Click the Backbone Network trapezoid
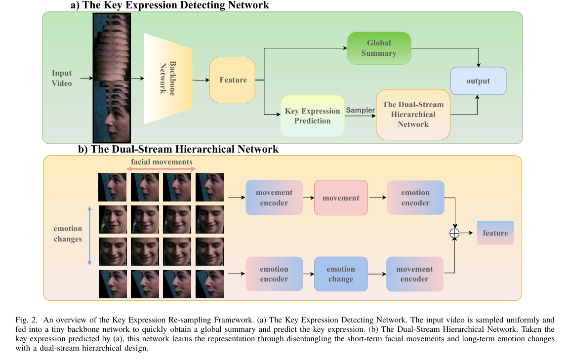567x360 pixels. (168, 79)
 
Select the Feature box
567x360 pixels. (233, 80)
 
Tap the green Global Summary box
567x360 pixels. (379, 48)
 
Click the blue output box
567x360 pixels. (478, 81)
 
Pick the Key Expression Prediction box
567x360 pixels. (312, 116)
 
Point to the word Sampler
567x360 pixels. (361, 110)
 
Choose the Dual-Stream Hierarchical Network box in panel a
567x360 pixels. (413, 115)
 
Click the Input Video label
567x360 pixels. (62, 78)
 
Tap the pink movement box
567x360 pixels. (341, 198)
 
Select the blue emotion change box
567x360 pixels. (341, 274)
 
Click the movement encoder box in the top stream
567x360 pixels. (274, 198)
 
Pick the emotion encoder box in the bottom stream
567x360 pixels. (274, 274)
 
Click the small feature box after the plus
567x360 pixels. (495, 233)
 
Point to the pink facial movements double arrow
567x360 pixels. (162, 169)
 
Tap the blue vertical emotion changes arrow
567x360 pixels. (89, 236)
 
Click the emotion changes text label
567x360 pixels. (68, 234)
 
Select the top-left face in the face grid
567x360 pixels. (113, 187)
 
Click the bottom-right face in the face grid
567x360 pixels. (209, 284)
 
